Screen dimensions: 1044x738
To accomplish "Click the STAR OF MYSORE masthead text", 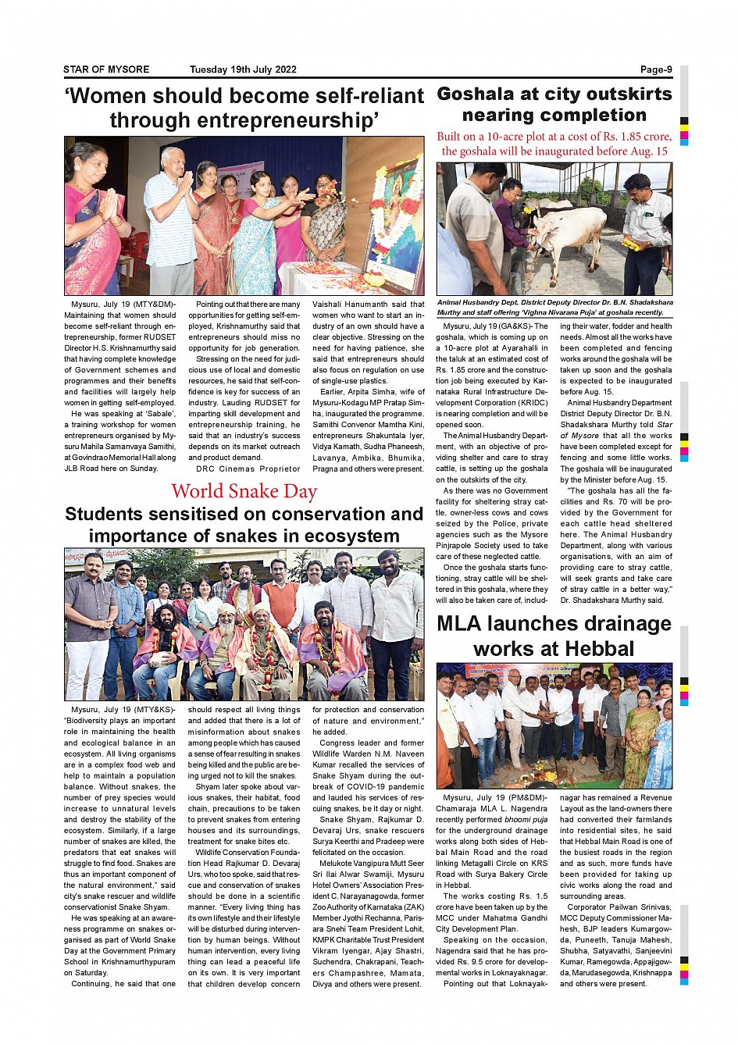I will pyautogui.click(x=106, y=69).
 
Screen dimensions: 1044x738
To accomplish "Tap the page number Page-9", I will pyautogui.click(x=655, y=69).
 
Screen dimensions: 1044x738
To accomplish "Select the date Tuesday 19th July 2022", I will pyautogui.click(x=243, y=69).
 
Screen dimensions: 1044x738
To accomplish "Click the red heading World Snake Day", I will pyautogui.click(x=244, y=491).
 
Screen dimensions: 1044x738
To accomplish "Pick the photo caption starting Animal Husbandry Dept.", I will pyautogui.click(x=554, y=307).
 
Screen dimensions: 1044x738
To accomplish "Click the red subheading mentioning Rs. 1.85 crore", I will pyautogui.click(x=554, y=144).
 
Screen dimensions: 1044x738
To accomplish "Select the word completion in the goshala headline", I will pyautogui.click(x=595, y=116).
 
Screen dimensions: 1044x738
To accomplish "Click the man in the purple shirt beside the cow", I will pyautogui.click(x=511, y=215).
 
